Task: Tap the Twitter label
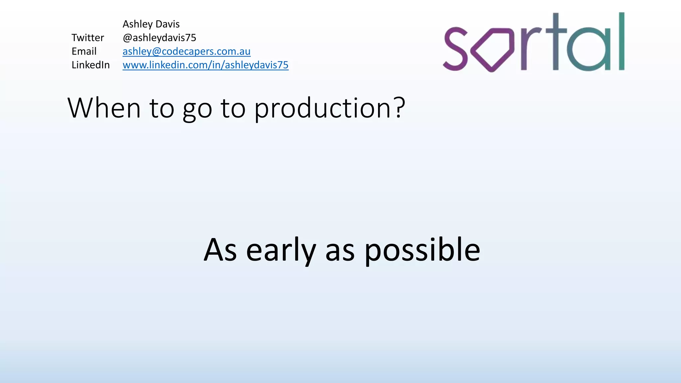tap(88, 38)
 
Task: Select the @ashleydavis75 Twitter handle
tap(159, 38)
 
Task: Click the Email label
tap(84, 52)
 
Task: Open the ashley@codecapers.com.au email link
tap(186, 52)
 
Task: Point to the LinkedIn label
tap(90, 65)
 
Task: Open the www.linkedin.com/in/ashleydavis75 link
tap(205, 65)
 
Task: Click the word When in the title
tap(104, 108)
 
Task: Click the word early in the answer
tap(281, 251)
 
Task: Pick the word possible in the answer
tap(422, 251)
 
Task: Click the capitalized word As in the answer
tap(220, 250)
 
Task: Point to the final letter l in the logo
tap(621, 41)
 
